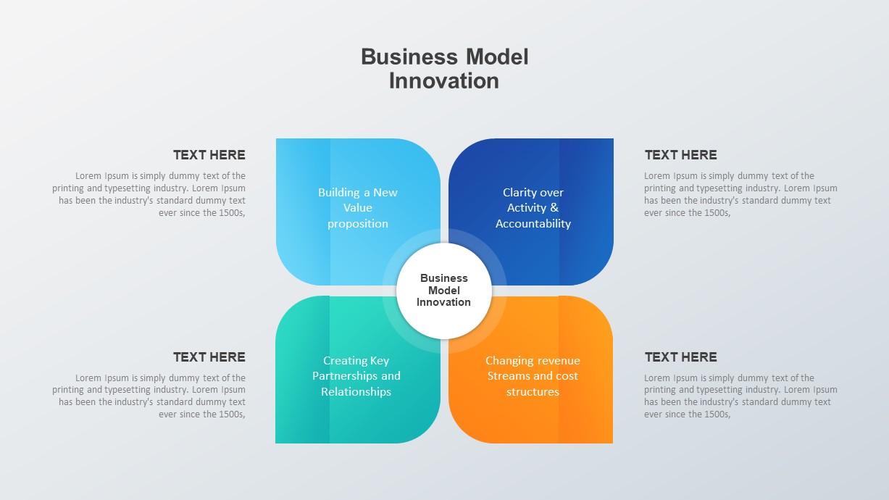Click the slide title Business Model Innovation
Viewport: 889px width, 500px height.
pyautogui.click(x=445, y=69)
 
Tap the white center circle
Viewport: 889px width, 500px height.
pyautogui.click(x=444, y=291)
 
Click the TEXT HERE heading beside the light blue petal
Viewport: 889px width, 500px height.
pyautogui.click(x=209, y=155)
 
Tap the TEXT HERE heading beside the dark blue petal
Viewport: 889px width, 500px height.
pyautogui.click(x=680, y=155)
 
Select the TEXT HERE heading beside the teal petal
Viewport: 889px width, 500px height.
pyautogui.click(x=209, y=357)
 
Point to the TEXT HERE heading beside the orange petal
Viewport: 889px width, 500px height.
pyautogui.click(x=680, y=357)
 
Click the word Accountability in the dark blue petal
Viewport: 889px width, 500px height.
pyautogui.click(x=533, y=224)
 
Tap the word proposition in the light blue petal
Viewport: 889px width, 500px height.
pyautogui.click(x=358, y=224)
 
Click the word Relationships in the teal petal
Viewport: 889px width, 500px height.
pyautogui.click(x=356, y=392)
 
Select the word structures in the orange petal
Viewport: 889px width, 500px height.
pyautogui.click(x=533, y=392)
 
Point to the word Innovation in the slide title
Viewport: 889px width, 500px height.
pyautogui.click(x=443, y=81)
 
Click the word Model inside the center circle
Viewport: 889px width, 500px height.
pyautogui.click(x=443, y=290)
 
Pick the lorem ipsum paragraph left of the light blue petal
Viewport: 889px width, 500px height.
pyautogui.click(x=149, y=194)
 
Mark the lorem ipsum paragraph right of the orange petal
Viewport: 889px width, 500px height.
pyautogui.click(x=740, y=396)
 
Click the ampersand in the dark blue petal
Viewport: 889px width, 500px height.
pyautogui.click(x=554, y=207)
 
